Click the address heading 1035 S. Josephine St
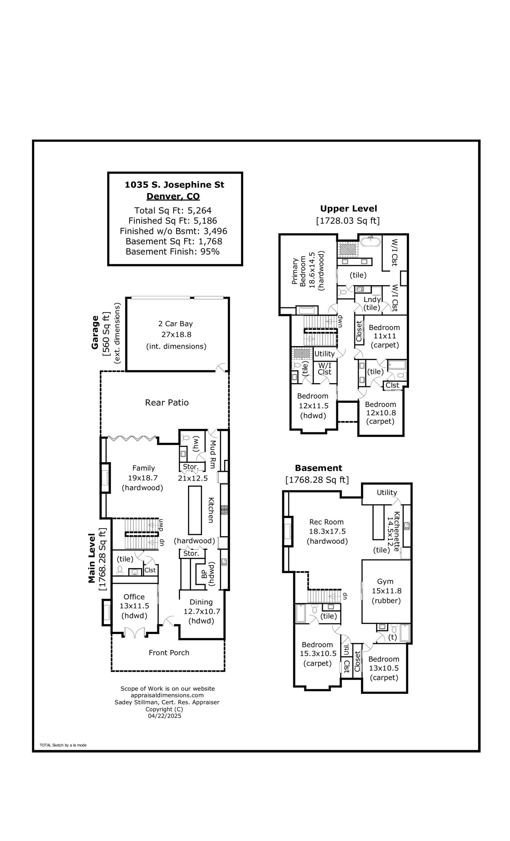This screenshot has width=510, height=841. (174, 185)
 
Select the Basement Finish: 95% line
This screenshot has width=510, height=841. (172, 252)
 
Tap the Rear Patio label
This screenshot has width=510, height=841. (167, 402)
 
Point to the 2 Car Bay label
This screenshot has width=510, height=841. (175, 324)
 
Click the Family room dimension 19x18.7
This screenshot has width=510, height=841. (143, 478)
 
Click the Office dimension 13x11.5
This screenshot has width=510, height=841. (134, 606)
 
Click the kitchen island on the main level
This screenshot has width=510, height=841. (195, 510)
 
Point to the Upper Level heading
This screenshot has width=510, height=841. (348, 208)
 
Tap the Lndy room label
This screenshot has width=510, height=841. (372, 299)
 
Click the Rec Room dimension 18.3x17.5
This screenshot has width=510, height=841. (326, 531)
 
